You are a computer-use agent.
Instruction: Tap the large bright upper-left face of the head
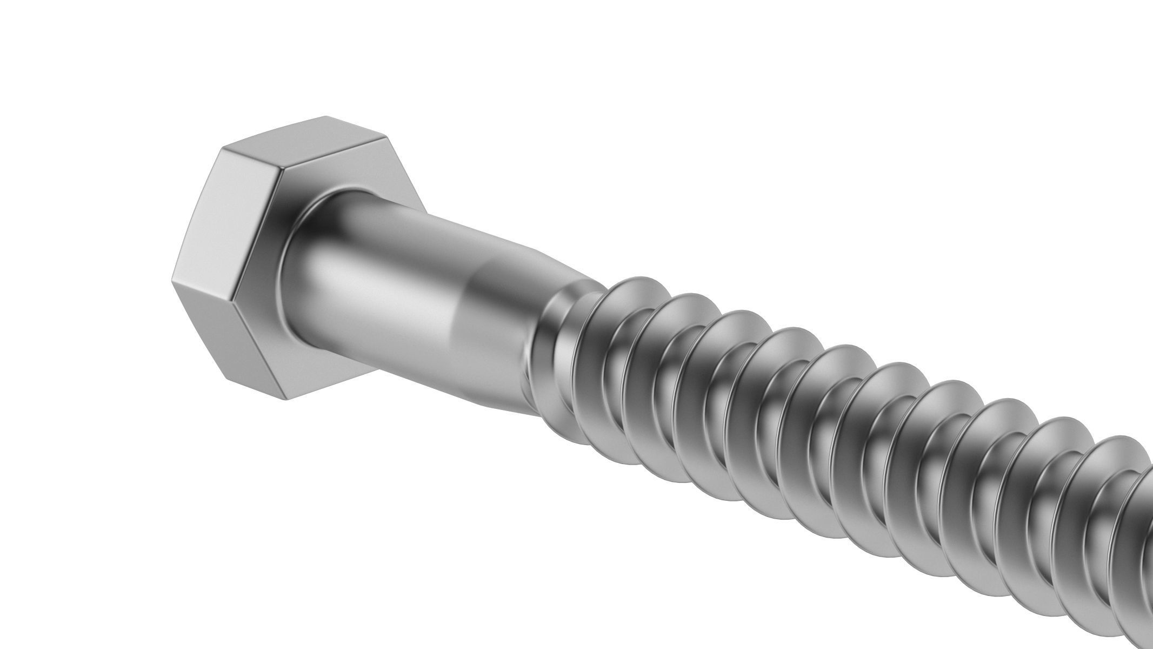pos(227,216)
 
